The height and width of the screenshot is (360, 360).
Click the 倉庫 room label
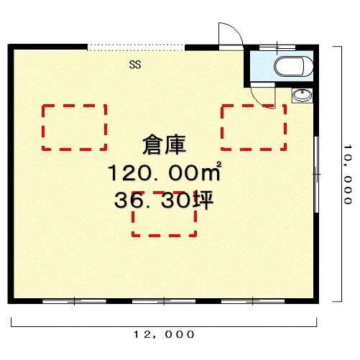[x=164, y=144]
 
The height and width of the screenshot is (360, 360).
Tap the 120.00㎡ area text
[x=165, y=172]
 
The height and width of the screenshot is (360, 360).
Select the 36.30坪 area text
[x=164, y=200]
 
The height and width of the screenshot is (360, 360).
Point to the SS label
[x=135, y=65]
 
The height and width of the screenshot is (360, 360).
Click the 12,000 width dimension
[x=164, y=334]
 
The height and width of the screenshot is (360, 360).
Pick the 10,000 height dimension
[x=348, y=174]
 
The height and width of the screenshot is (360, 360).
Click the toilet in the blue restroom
[x=293, y=67]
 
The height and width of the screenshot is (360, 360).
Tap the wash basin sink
[x=303, y=96]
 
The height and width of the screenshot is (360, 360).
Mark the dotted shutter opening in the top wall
[x=136, y=47]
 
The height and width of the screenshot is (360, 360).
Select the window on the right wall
[x=316, y=175]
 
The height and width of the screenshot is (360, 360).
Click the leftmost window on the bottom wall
[x=74, y=301]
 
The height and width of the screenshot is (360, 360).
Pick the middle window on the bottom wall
[x=164, y=301]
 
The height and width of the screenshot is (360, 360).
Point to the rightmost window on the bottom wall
[x=253, y=301]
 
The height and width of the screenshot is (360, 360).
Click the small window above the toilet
[x=277, y=47]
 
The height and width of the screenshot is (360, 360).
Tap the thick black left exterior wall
[x=11, y=174]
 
